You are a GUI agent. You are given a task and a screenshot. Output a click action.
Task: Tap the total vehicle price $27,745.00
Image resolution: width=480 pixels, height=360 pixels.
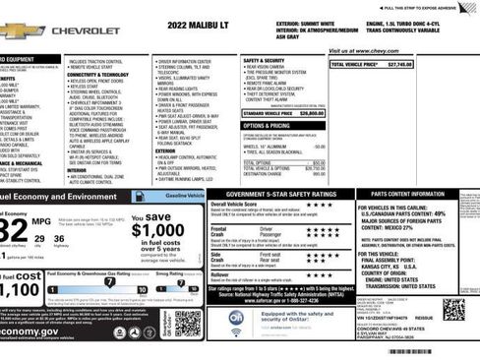point(372,64)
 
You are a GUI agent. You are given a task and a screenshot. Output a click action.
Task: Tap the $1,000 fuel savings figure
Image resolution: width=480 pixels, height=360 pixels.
point(157,230)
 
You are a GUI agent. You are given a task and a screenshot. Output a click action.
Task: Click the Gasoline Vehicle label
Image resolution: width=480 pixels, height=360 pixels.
point(184,197)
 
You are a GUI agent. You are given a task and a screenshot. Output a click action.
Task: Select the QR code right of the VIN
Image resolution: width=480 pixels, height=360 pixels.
point(453,309)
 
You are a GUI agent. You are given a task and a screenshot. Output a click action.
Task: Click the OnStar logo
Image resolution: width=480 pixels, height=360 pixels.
point(236,318)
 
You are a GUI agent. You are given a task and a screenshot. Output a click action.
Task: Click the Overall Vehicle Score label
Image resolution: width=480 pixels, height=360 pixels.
point(236,204)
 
